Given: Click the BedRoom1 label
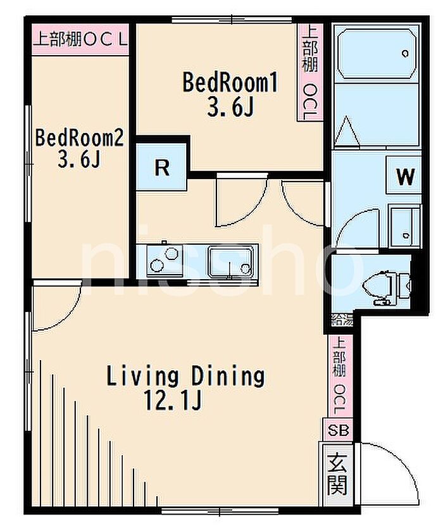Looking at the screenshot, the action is tap(230, 83).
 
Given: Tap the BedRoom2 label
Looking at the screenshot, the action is tap(80, 138).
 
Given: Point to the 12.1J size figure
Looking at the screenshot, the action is tap(173, 400).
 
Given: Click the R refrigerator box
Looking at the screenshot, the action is tap(161, 166).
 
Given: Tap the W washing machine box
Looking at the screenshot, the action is tap(404, 175).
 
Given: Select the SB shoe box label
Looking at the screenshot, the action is tap(339, 430).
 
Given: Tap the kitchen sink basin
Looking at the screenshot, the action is tap(230, 261).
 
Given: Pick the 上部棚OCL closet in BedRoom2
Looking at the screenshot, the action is tap(80, 39).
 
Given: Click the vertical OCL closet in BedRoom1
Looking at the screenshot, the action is tap(309, 73).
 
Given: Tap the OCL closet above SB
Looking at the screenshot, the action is tap(340, 376).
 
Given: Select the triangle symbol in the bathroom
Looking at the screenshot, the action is tap(347, 132).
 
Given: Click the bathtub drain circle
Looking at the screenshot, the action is tap(405, 54).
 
